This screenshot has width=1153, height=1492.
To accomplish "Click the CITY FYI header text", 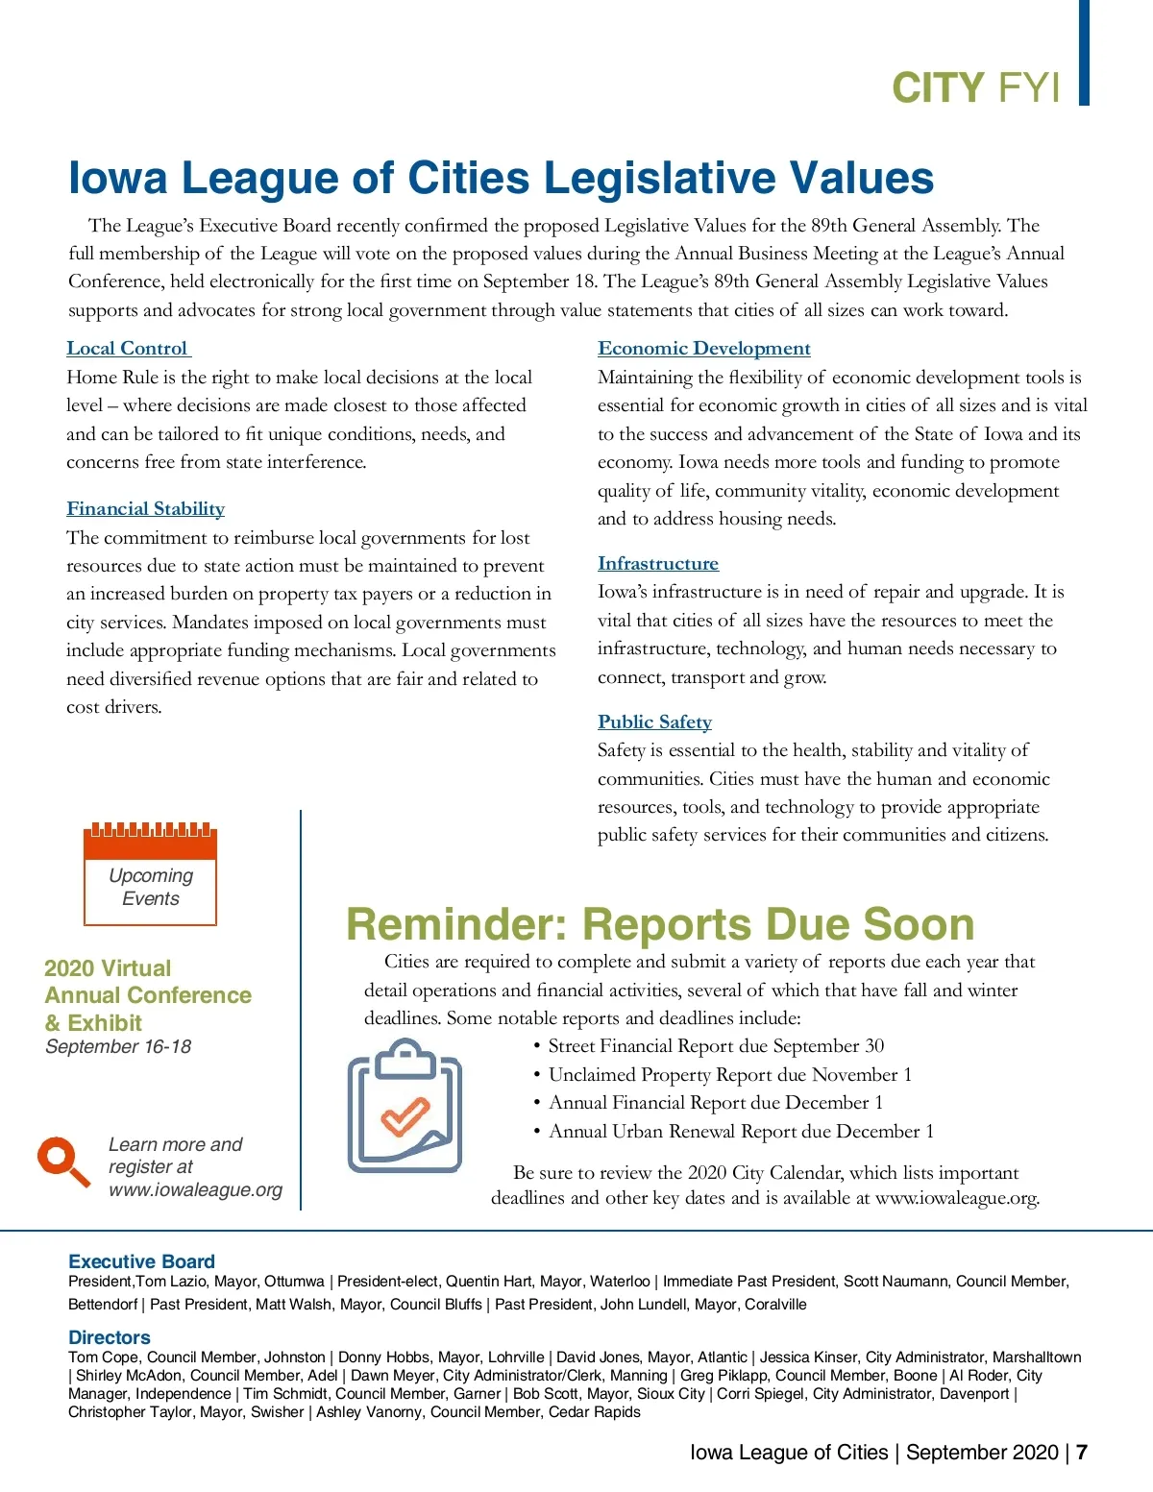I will (x=975, y=87).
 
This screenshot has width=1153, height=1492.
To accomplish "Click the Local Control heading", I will (x=128, y=349).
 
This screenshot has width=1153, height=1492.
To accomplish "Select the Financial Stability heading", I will (x=145, y=509).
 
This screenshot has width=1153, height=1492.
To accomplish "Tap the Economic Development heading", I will (x=703, y=349).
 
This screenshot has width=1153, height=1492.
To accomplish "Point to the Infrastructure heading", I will (x=657, y=564).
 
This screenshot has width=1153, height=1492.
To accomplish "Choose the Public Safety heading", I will (x=654, y=722).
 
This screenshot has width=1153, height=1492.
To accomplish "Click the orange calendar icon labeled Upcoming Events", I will (x=151, y=872).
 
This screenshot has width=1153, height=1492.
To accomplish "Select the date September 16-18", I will (x=118, y=1047).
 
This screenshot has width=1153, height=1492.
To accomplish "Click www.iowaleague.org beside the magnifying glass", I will (x=195, y=1190).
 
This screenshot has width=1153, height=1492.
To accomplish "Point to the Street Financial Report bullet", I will (x=715, y=1046).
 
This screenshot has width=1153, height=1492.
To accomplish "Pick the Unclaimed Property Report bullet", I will (x=729, y=1075).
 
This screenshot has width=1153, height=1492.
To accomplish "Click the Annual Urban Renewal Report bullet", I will (x=740, y=1132).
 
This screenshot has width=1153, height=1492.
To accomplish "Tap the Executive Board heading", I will (x=141, y=1261).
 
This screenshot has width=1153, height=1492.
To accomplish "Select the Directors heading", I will (x=110, y=1337).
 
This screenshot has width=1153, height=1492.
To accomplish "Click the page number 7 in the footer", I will (x=1082, y=1452).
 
